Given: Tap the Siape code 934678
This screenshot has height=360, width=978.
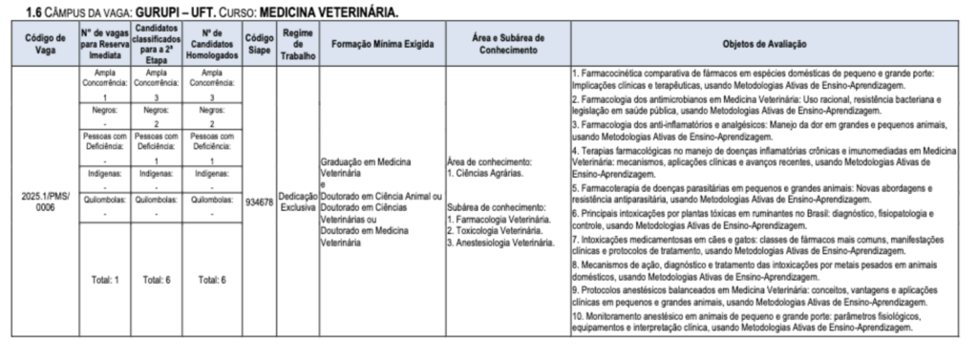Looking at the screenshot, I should click(x=258, y=201).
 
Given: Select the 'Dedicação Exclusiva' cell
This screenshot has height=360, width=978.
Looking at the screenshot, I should click(x=297, y=201).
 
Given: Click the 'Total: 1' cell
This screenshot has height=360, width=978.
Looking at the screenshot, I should click(x=104, y=280).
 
